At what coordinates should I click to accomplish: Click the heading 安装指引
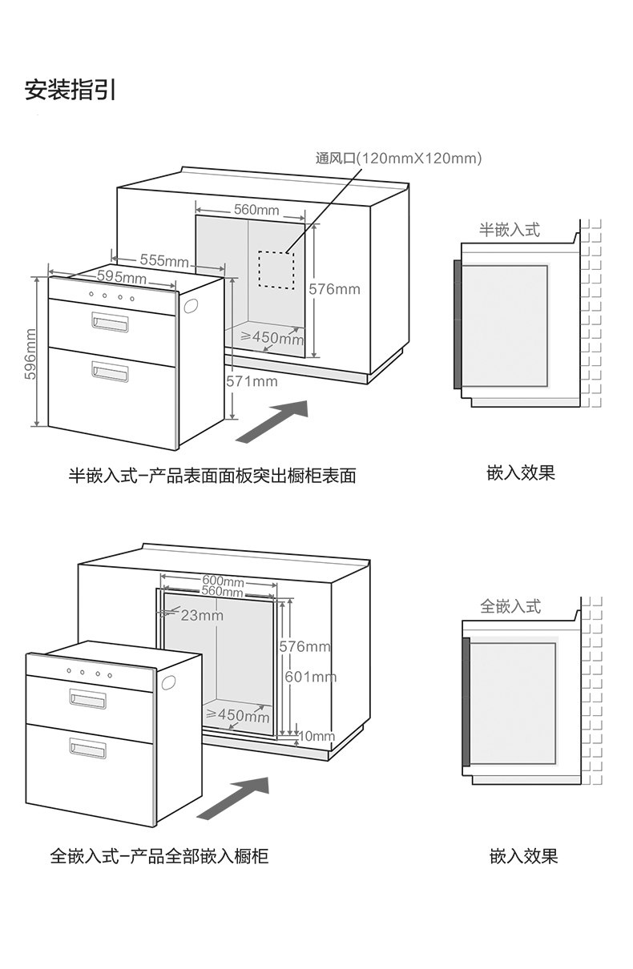71,90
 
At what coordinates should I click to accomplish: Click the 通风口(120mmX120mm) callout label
398,159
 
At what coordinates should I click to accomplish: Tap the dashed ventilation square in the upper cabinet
276,269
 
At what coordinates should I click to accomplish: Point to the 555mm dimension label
163,260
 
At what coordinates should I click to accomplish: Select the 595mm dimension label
121,277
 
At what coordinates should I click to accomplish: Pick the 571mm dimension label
252,381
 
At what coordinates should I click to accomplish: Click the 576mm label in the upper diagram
334,288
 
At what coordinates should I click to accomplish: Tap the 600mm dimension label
223,580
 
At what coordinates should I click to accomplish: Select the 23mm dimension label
201,615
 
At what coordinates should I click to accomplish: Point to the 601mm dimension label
311,677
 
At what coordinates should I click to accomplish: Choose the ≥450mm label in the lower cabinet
238,714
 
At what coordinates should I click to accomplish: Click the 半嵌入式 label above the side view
509,230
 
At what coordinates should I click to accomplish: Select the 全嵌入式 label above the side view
510,606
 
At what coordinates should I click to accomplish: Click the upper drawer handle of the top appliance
110,322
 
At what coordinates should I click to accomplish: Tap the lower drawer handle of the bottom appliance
87,750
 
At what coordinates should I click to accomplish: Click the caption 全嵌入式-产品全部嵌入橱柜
159,856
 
